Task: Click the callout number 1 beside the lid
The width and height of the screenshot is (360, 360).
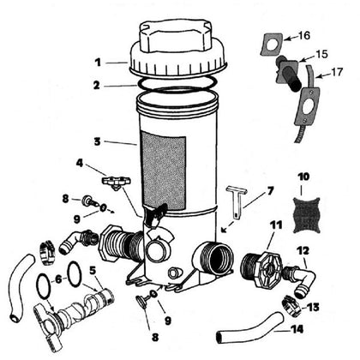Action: coord(98,63)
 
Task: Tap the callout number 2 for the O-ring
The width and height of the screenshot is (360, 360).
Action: coord(97,85)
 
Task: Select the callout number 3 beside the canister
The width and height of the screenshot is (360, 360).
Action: coord(98,141)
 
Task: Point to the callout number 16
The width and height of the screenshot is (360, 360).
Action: coord(303,36)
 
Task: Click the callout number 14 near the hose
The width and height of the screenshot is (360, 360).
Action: coord(297,329)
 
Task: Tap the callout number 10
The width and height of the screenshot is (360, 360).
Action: coord(303,177)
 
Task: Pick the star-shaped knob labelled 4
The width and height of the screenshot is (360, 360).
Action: coord(116,183)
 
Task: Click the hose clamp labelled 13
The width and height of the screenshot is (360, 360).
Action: coord(291,306)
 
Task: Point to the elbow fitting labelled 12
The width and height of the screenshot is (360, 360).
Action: coord(299,279)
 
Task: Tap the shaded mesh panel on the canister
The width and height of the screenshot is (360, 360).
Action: coord(164,170)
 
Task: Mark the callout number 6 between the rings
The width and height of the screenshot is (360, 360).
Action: coord(58,279)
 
